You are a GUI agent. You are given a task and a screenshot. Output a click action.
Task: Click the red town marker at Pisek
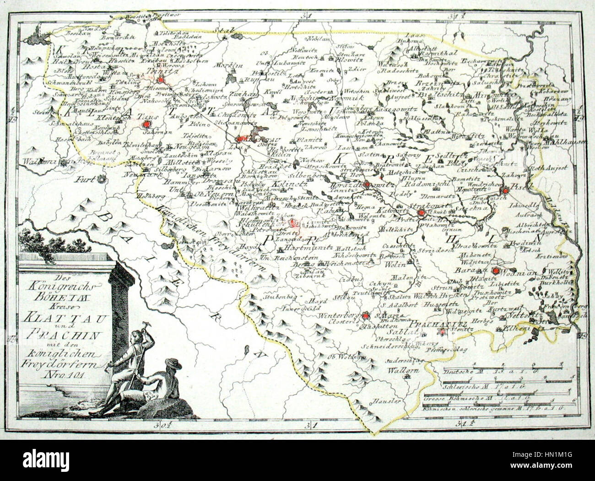(x=505, y=191)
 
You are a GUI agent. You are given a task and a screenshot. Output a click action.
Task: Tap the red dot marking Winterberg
(x=365, y=315)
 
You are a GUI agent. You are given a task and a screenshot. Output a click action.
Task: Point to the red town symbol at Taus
(x=146, y=124)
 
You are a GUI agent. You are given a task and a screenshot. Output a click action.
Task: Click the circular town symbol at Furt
(x=104, y=179)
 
